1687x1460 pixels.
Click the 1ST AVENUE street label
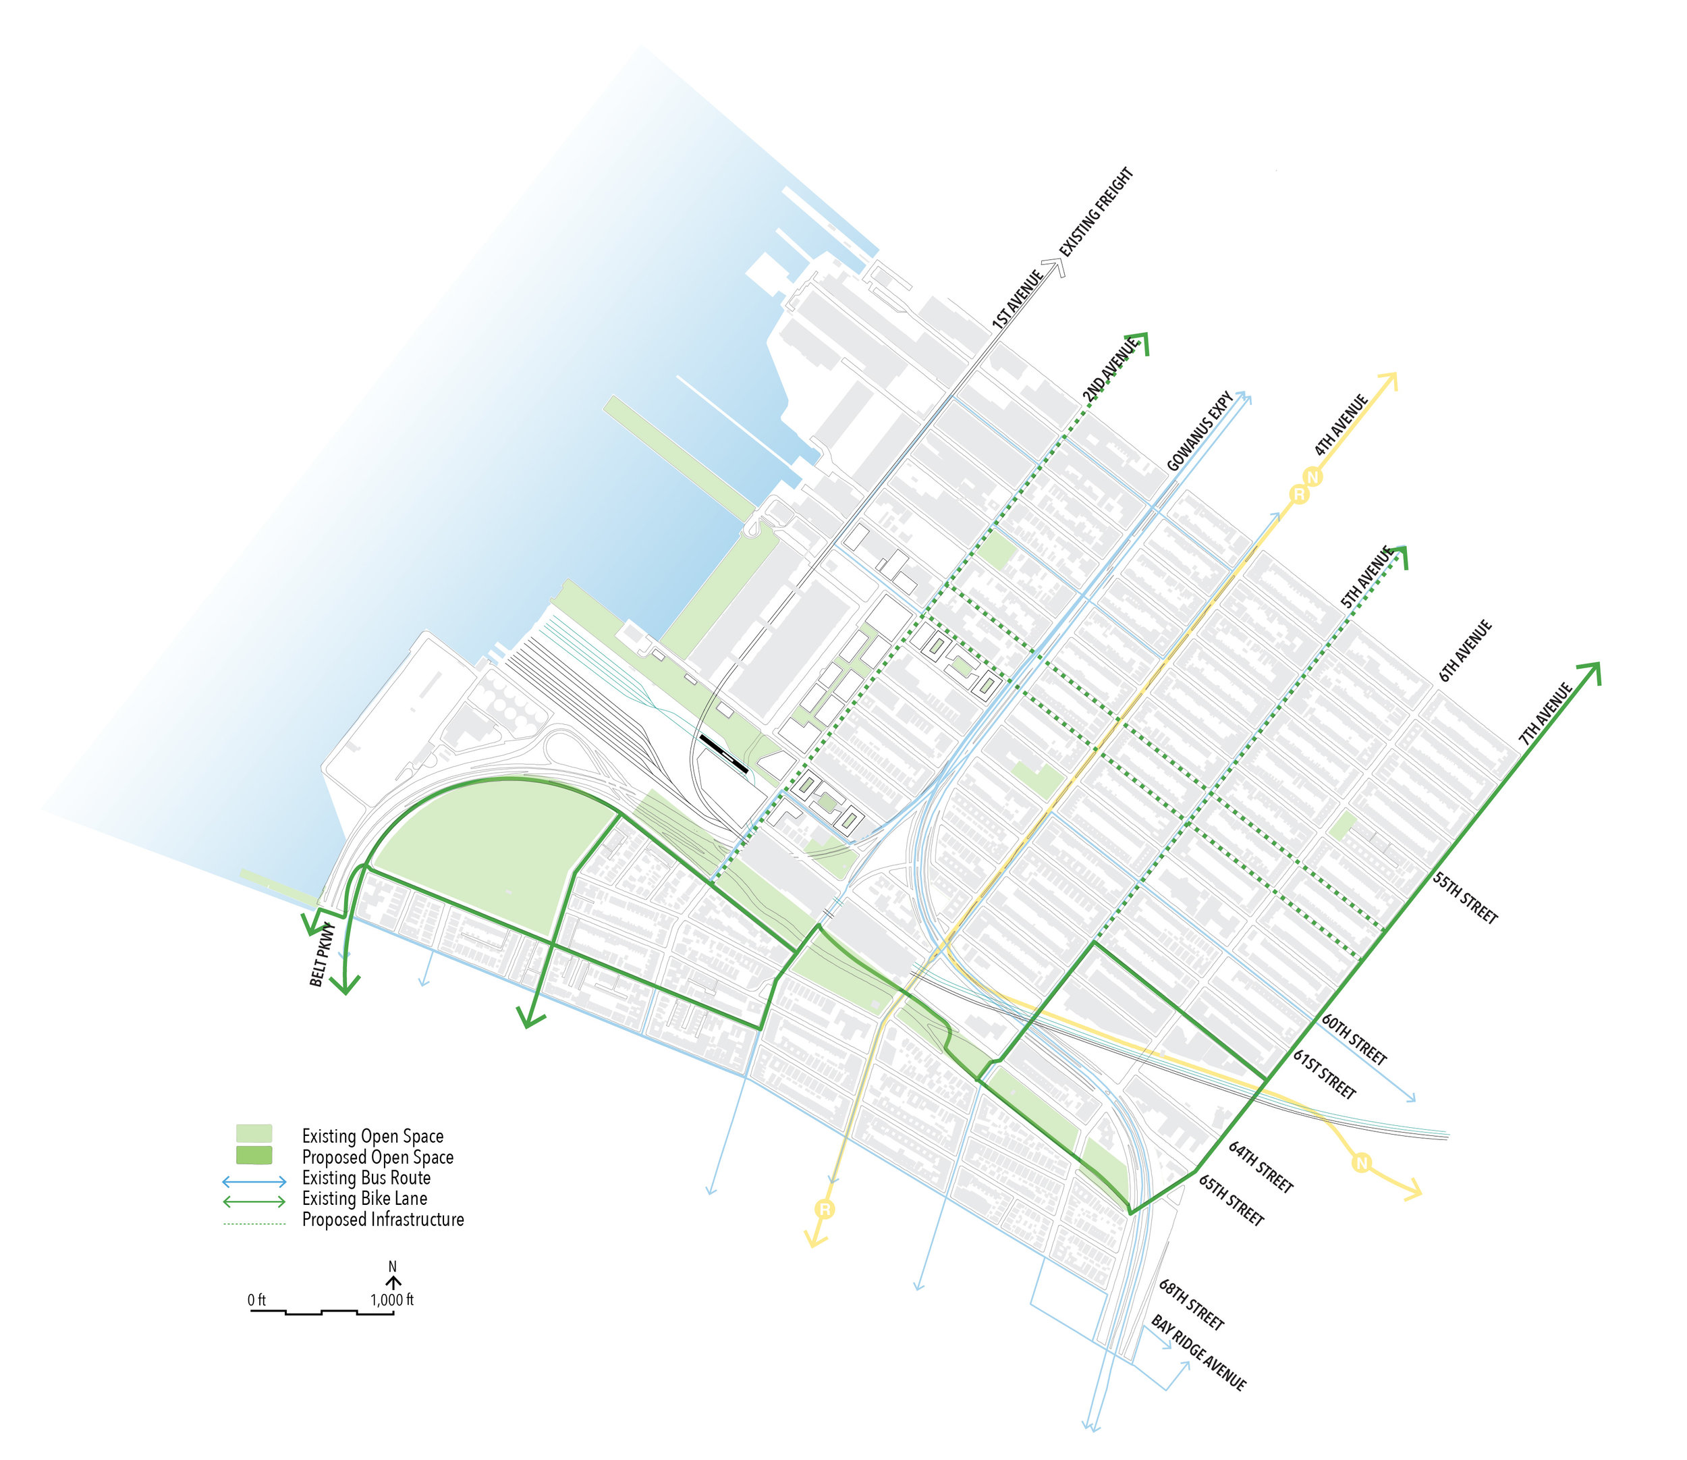pyautogui.click(x=1018, y=299)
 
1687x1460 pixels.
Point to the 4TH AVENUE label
pyautogui.click(x=1340, y=425)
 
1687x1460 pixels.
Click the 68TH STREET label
pyautogui.click(x=1191, y=1304)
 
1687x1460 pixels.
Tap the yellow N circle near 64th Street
pyautogui.click(x=1360, y=1162)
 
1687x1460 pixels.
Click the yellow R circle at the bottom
pyautogui.click(x=825, y=1209)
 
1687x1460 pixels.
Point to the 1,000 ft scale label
pyautogui.click(x=392, y=1299)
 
